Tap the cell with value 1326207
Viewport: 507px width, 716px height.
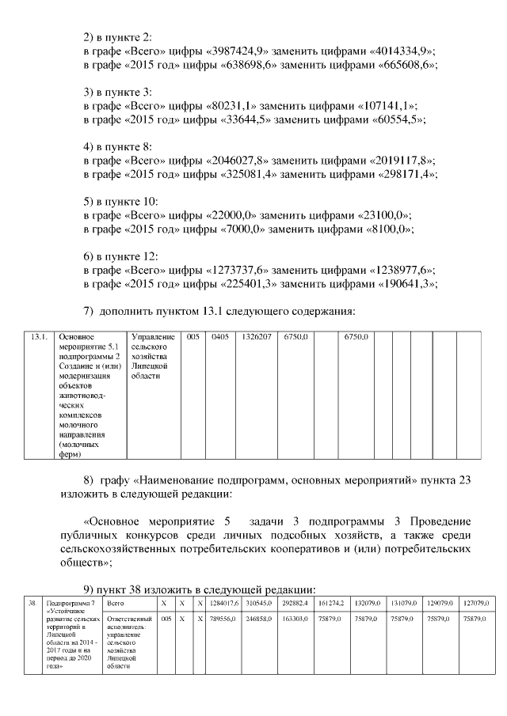coord(257,338)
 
